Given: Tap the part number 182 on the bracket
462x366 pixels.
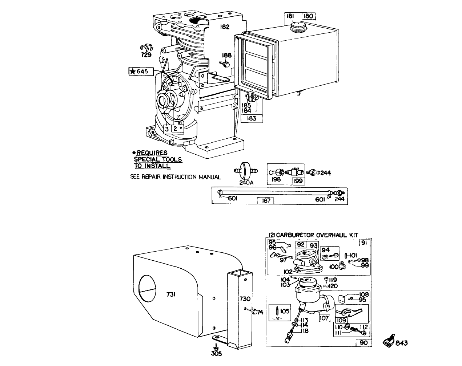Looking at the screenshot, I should (225, 27).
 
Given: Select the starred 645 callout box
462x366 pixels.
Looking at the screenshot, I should (138, 71).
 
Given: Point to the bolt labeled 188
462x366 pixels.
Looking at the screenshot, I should (225, 64).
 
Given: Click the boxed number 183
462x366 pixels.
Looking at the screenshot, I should (251, 118).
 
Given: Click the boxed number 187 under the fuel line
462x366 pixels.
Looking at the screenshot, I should (266, 201).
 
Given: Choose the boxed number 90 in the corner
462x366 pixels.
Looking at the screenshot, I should (364, 342).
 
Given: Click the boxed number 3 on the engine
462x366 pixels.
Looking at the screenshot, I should (166, 129).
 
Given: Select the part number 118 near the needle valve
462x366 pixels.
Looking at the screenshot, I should (304, 331).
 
